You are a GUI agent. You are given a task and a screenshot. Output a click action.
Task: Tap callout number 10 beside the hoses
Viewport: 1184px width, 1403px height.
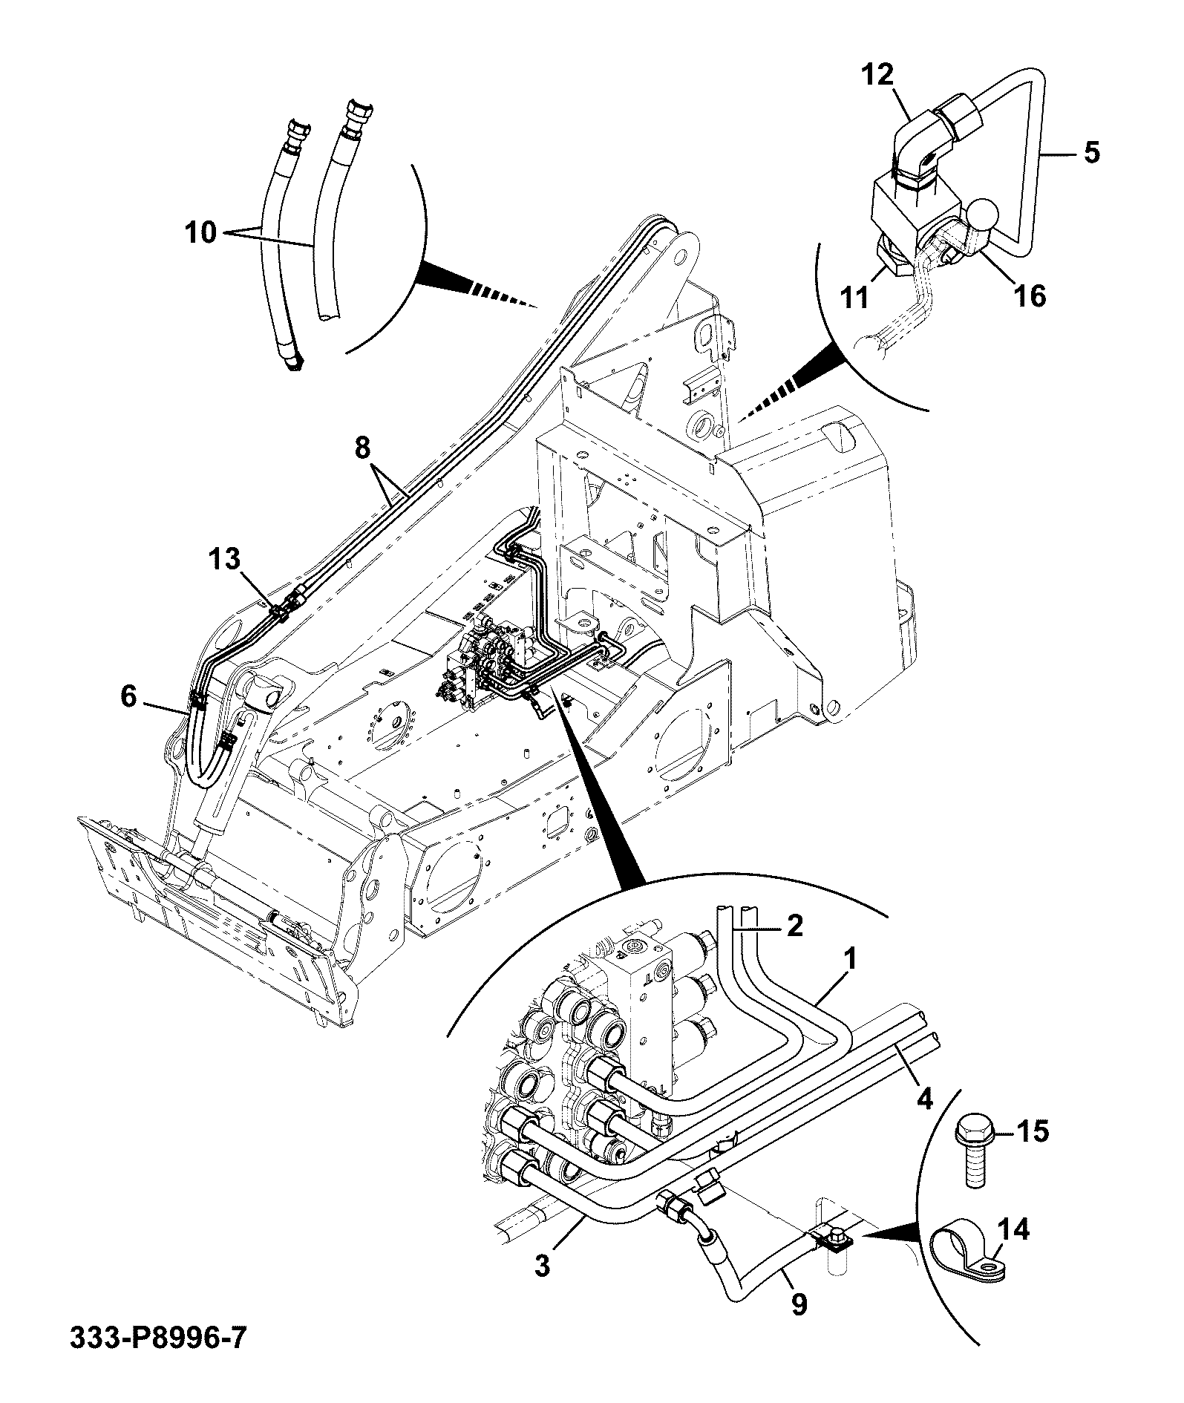(200, 233)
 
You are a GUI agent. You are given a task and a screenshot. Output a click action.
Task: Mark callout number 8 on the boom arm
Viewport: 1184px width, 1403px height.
(362, 448)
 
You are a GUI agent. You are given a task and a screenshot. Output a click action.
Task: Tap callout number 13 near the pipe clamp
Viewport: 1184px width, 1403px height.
(224, 559)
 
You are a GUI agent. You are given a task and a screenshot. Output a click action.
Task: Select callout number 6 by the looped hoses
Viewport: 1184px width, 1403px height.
(128, 696)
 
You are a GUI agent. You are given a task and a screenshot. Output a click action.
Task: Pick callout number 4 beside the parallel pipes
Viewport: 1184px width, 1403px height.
(924, 1097)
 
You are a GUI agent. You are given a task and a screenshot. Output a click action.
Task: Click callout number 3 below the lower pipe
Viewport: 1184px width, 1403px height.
(543, 1265)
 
